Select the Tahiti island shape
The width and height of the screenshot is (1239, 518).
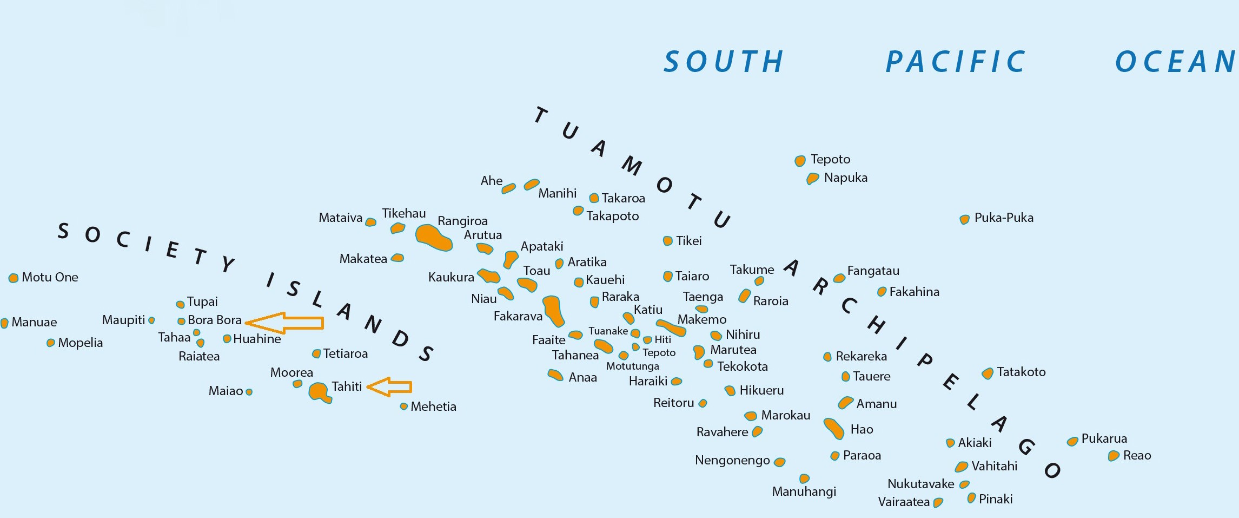(319, 392)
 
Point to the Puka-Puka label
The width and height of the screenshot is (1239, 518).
(1004, 218)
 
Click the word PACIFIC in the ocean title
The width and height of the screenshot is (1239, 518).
(955, 62)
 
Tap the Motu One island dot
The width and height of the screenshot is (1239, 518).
(14, 278)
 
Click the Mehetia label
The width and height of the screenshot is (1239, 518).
(433, 406)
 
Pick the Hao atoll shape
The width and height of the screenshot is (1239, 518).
(833, 428)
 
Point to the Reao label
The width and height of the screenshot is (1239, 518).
(1137, 455)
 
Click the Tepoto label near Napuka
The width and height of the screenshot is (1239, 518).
(830, 159)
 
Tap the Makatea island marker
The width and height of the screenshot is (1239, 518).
(397, 258)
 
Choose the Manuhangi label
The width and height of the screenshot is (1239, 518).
(804, 491)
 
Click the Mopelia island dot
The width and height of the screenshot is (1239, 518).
(50, 343)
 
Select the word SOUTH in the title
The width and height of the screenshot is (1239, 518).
(724, 62)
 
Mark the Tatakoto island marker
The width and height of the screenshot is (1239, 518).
(988, 373)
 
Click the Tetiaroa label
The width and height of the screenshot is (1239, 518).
(345, 353)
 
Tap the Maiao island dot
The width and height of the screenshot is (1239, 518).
(249, 392)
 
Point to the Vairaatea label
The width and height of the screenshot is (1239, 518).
(903, 502)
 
